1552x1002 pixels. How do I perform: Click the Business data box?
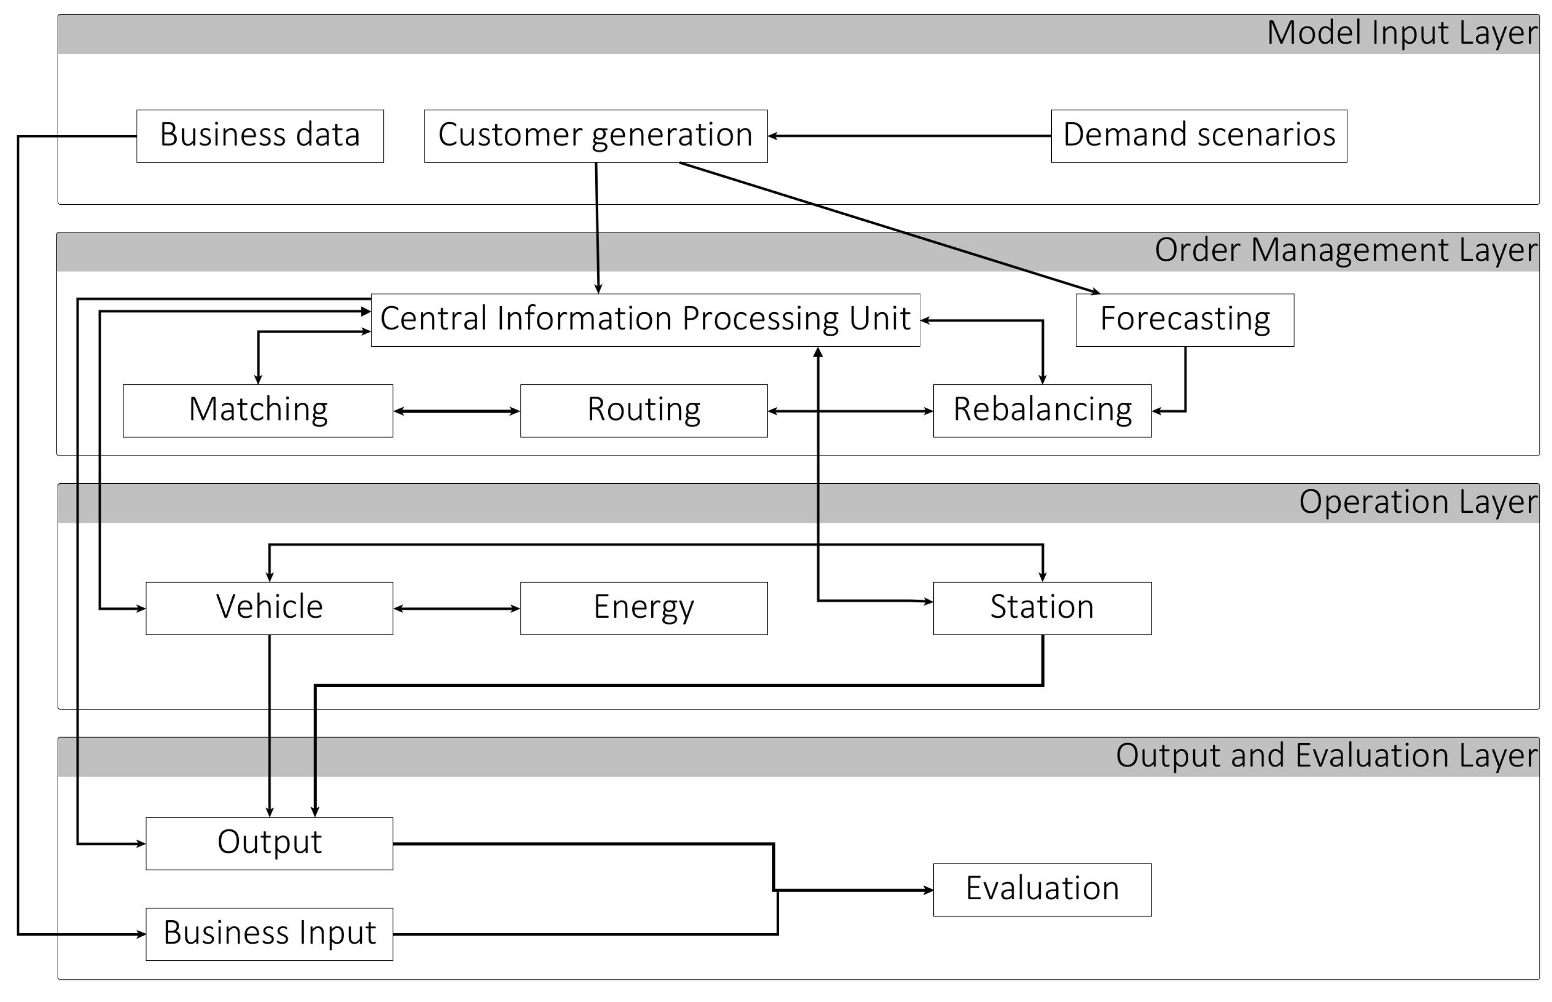tap(259, 136)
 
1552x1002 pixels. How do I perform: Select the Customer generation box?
tap(596, 136)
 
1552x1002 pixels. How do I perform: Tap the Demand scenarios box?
tap(1199, 136)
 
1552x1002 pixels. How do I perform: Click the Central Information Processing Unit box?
tap(645, 320)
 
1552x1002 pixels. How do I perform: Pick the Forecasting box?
tap(1184, 320)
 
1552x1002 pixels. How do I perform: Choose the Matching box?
tap(258, 410)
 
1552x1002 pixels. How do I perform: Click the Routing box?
tap(644, 410)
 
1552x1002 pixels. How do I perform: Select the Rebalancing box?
tap(1042, 410)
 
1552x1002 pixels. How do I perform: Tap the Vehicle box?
tap(269, 608)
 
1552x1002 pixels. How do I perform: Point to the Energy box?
tap(644, 608)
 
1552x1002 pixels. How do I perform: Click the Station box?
tap(1042, 608)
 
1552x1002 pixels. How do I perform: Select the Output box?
tap(269, 843)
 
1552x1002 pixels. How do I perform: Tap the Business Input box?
tap(269, 934)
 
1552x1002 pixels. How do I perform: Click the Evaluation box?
tap(1042, 890)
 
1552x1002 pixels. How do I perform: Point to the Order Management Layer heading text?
tap(1345, 250)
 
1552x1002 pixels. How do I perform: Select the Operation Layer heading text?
tap(1418, 502)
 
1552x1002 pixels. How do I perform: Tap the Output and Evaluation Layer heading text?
tap(1326, 756)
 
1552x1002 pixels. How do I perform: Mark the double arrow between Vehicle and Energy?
tap(456, 608)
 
